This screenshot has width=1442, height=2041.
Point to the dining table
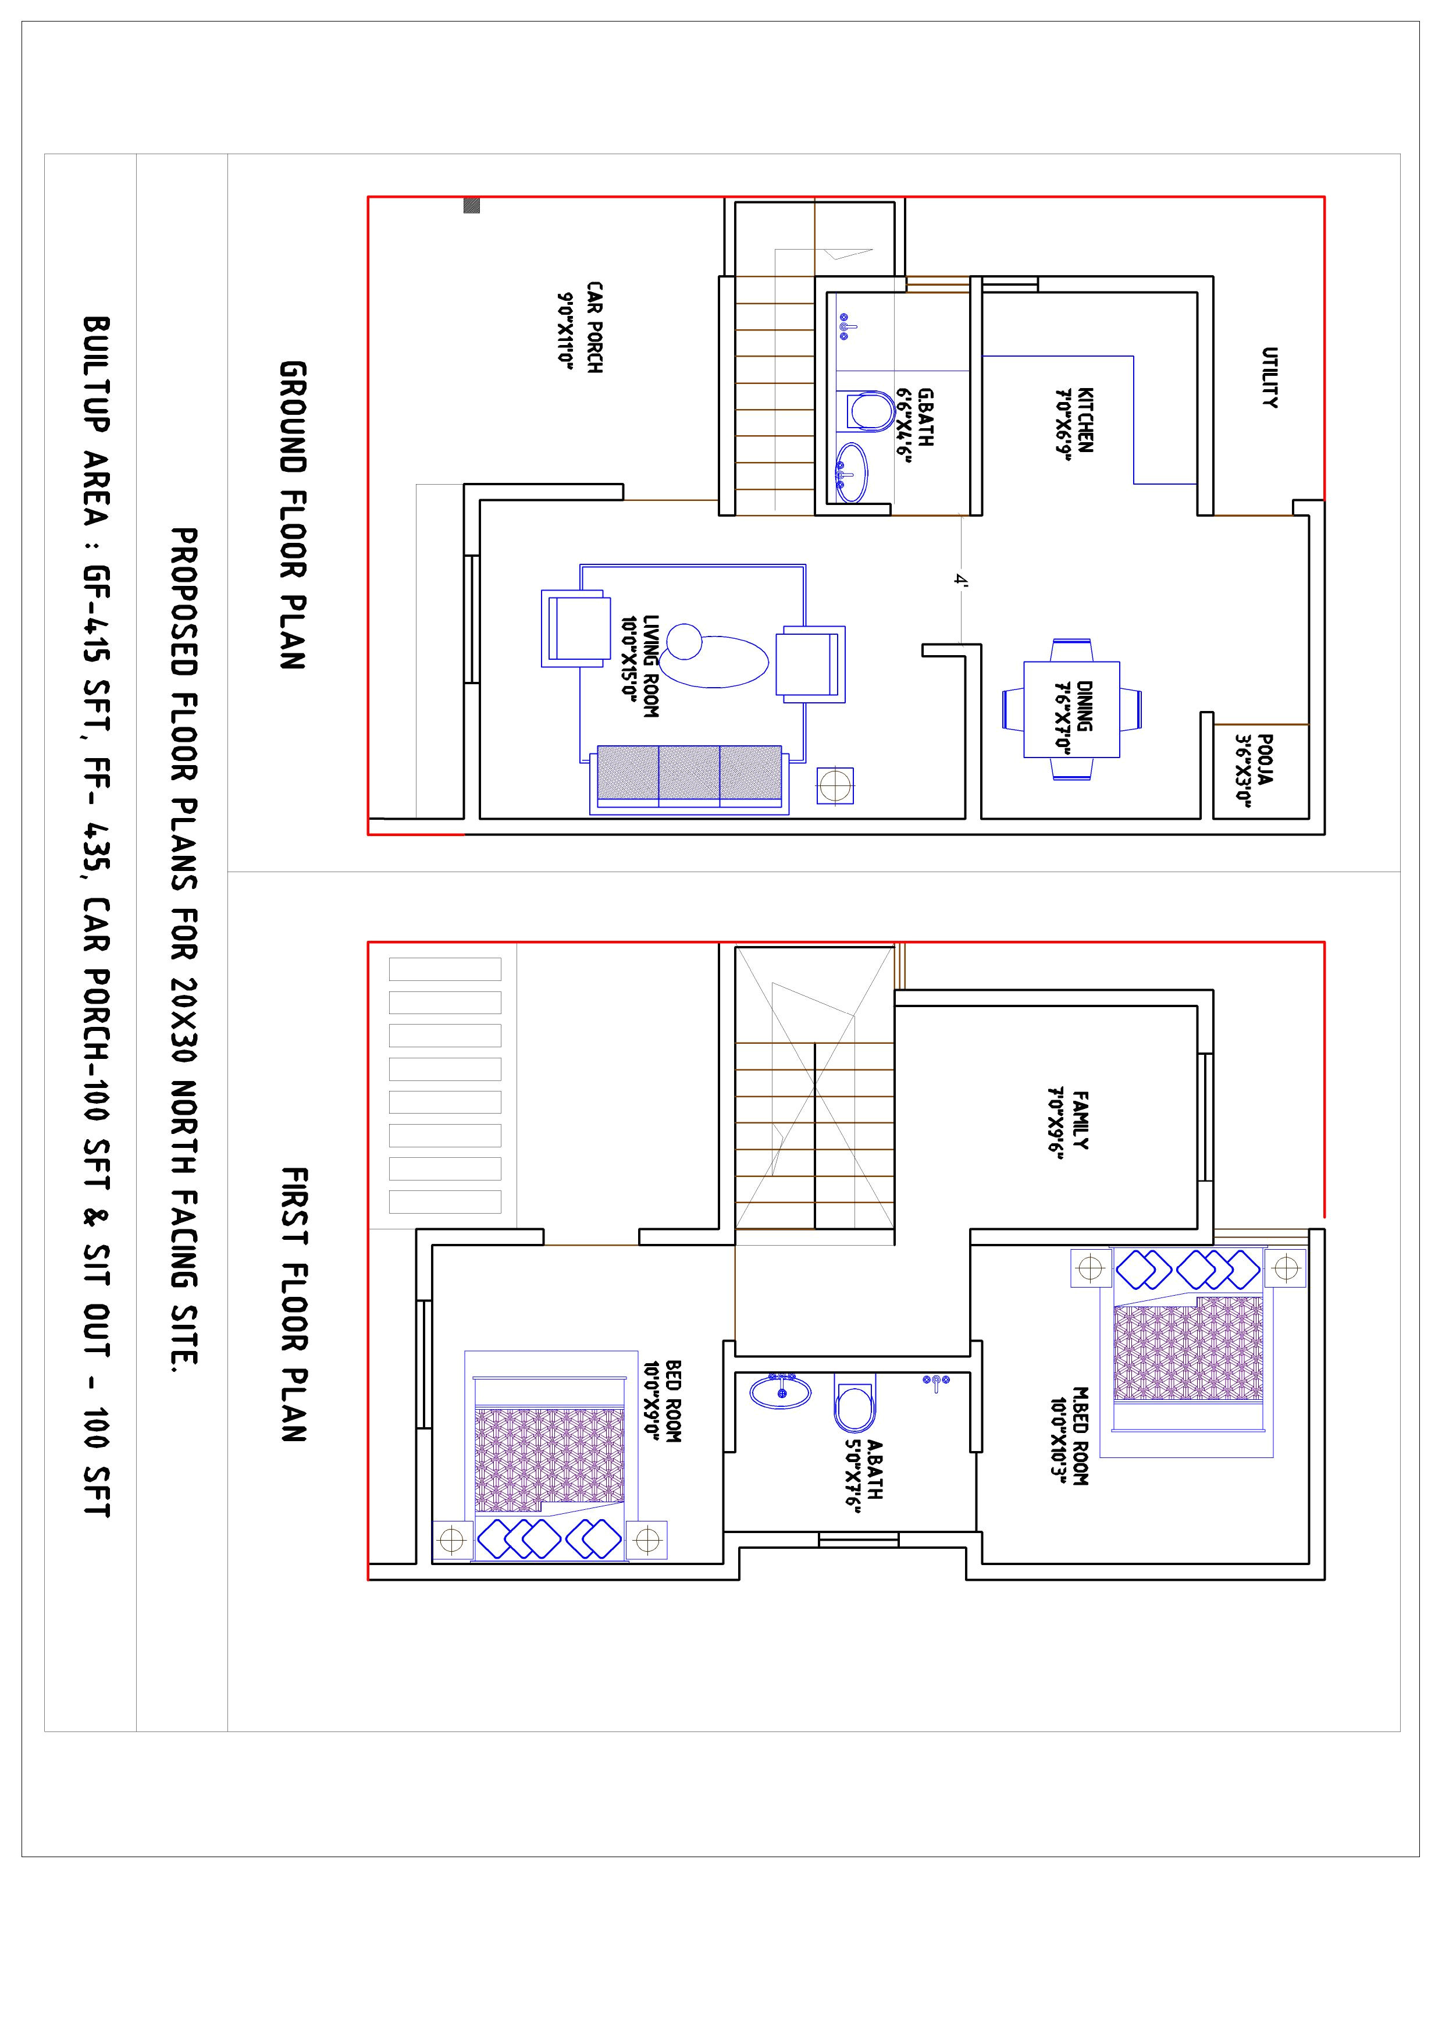point(1071,709)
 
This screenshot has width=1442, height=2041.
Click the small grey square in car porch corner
point(472,206)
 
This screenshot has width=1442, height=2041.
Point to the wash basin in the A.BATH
point(780,1392)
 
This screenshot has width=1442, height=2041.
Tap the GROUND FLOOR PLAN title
point(293,515)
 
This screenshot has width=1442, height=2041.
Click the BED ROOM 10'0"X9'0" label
point(663,1401)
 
